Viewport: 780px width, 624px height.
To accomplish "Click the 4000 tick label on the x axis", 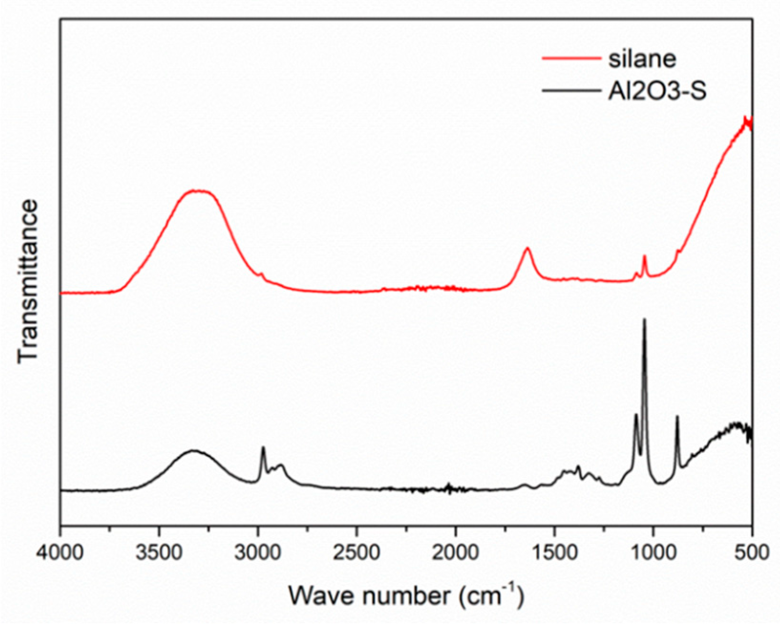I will tap(61, 552).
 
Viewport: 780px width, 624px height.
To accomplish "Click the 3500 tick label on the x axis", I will tap(159, 552).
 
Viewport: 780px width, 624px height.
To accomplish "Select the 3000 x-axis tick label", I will tap(258, 552).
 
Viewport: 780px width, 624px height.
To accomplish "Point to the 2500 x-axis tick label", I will tap(357, 552).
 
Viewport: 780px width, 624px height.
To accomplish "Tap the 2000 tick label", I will tap(456, 552).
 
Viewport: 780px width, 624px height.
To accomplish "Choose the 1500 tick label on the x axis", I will tap(555, 552).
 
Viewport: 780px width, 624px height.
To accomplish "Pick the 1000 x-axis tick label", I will tap(654, 552).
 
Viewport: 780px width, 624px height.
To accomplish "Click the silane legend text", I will tap(642, 59).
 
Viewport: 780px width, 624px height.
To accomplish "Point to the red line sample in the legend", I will tap(571, 59).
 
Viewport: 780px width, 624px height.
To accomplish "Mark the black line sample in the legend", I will tap(571, 91).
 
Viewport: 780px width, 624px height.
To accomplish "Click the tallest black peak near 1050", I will tap(644, 319).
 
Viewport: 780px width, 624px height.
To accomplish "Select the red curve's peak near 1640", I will tap(527, 248).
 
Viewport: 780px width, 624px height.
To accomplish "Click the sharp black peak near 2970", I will tap(263, 447).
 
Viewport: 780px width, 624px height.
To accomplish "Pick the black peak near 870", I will tap(677, 416).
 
